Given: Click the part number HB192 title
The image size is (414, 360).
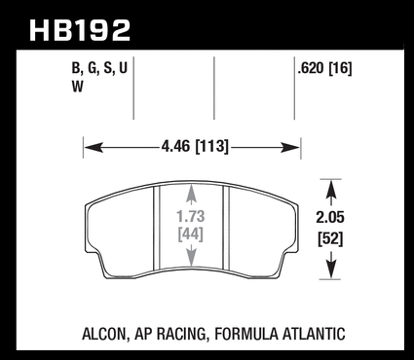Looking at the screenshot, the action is click(x=80, y=30).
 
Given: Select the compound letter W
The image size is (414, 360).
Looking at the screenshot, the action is click(x=78, y=87).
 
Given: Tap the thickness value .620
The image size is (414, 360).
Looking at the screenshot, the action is click(x=311, y=68).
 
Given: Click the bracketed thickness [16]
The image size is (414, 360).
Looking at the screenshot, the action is click(x=340, y=68).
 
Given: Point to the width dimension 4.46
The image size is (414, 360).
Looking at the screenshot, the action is click(x=175, y=146).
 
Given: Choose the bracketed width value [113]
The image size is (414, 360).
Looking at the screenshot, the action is click(x=211, y=147).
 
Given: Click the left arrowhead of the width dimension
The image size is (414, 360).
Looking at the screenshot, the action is click(x=94, y=148).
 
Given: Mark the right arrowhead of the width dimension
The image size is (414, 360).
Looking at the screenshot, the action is click(x=290, y=148).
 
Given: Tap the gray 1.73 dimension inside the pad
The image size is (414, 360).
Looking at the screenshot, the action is click(x=191, y=216).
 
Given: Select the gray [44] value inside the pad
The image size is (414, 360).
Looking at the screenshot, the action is click(x=191, y=234).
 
